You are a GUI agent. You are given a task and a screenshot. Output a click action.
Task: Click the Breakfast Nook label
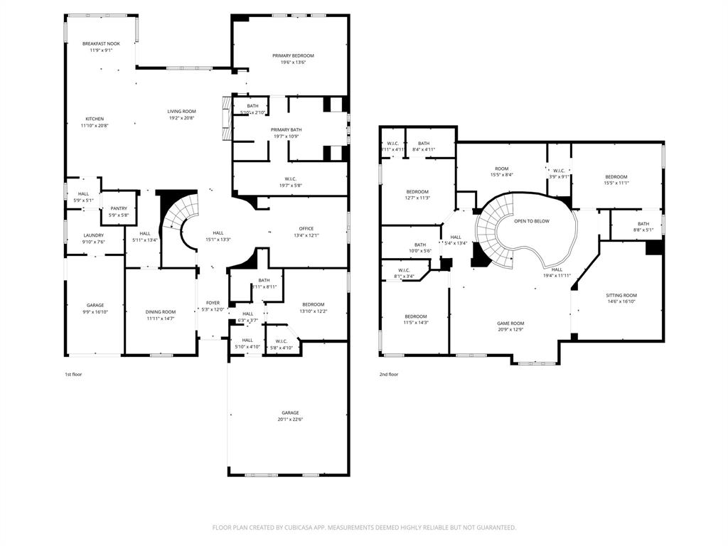[x=100, y=44]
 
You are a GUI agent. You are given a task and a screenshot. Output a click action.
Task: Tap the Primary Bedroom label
[x=293, y=55]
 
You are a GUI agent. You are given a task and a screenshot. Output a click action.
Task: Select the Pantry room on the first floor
[x=119, y=208]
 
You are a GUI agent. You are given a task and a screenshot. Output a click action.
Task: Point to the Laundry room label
[x=94, y=235]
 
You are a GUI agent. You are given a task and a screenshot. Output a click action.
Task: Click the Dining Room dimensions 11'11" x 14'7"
[x=161, y=318]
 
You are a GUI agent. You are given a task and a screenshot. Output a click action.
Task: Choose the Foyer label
[x=213, y=303]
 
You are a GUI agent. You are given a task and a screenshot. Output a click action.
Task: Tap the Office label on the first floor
[x=306, y=228]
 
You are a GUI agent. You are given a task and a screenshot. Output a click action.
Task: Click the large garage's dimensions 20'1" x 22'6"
[x=289, y=419]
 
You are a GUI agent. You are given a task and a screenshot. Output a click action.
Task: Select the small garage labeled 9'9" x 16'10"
[x=95, y=308]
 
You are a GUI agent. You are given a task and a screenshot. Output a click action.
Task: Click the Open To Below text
[x=532, y=221]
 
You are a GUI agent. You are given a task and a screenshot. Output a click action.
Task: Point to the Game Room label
[x=510, y=323]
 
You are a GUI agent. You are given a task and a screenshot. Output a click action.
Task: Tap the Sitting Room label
[x=621, y=295]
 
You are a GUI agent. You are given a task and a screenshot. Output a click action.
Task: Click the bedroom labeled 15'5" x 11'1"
[x=616, y=180]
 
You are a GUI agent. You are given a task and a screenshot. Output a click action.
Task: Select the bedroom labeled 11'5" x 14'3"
[x=416, y=319]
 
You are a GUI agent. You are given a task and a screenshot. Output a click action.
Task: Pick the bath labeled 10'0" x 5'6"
[x=420, y=247]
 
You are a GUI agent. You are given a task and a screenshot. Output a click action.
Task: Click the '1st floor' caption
[x=73, y=374]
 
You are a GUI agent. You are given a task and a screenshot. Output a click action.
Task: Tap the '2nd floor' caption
[x=389, y=374]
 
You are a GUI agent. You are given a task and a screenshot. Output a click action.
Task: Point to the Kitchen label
[x=95, y=119]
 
